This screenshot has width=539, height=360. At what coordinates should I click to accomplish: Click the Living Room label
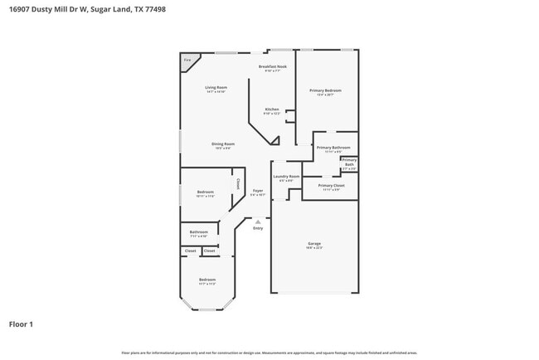tap(216, 87)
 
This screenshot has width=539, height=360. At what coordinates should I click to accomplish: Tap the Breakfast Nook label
tap(272, 66)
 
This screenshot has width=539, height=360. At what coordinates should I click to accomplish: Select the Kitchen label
tap(272, 109)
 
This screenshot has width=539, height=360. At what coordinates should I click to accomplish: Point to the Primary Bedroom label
tap(326, 90)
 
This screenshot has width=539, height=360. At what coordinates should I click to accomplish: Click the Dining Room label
tap(223, 144)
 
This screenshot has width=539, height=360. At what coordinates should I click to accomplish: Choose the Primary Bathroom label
tap(329, 148)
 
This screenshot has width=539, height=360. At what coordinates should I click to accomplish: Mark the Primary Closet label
tap(330, 185)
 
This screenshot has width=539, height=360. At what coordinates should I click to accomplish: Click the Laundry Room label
tap(286, 177)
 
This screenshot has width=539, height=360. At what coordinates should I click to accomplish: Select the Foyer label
tap(258, 192)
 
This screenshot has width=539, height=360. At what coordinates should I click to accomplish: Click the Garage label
tap(314, 243)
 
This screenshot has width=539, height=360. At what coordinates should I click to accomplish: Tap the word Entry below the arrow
tap(258, 228)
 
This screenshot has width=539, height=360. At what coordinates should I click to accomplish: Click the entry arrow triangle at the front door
tap(258, 221)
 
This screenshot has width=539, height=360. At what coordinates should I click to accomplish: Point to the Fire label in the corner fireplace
tap(187, 60)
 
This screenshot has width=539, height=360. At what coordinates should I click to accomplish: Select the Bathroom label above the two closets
tap(199, 232)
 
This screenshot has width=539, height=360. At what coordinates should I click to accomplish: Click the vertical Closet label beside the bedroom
tap(238, 184)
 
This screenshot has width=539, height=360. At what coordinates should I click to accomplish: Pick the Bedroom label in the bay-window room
tap(206, 280)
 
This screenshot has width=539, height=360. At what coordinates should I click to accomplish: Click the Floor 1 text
tap(21, 324)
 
